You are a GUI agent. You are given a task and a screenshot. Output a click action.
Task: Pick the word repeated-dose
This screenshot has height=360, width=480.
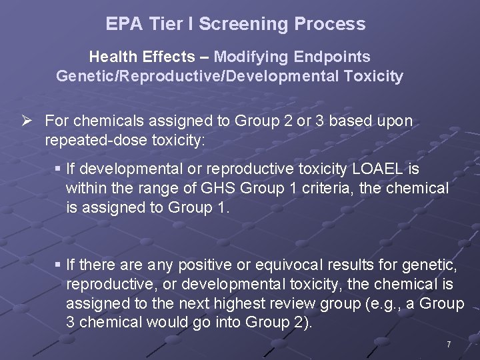(x=94, y=141)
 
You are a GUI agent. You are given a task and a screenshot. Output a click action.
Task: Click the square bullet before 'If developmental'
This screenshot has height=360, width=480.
(x=58, y=169)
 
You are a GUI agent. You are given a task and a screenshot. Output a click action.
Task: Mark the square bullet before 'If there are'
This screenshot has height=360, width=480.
(x=58, y=265)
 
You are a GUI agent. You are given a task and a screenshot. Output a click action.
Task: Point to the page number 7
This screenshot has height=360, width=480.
(x=449, y=345)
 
